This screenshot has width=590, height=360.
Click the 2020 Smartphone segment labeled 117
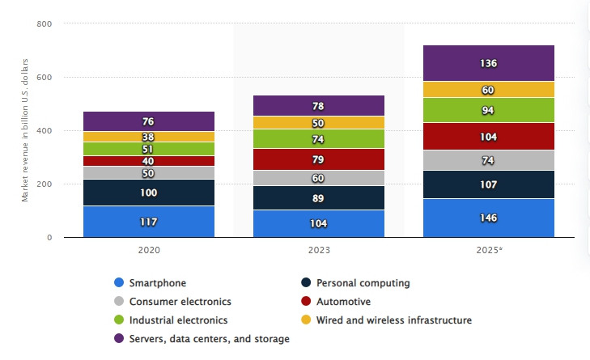[149, 222]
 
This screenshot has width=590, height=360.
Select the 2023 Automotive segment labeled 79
[319, 159]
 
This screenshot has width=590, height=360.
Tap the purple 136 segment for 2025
[489, 63]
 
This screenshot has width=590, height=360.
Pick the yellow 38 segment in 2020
[149, 137]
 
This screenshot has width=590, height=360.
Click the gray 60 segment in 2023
[319, 178]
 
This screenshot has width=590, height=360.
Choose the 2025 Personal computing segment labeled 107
[489, 184]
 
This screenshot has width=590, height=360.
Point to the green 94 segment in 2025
[489, 110]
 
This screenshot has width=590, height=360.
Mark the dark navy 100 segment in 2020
[149, 193]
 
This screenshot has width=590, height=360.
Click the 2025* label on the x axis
[489, 250]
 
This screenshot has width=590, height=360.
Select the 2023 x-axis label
[319, 250]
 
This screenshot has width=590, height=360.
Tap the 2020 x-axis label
[149, 250]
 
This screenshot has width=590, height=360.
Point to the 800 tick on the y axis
[45, 24]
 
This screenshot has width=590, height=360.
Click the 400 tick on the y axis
[45, 131]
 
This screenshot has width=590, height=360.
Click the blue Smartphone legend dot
[120, 283]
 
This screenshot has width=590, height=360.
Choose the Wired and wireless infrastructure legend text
[393, 320]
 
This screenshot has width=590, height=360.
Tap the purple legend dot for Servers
[120, 339]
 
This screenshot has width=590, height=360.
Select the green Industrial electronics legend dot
[120, 320]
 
